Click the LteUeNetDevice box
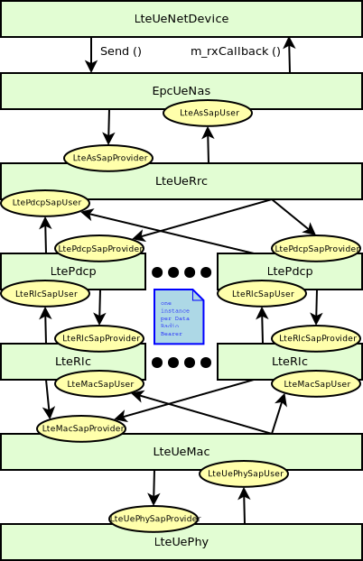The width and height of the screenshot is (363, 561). point(181,19)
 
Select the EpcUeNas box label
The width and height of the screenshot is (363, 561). point(181,90)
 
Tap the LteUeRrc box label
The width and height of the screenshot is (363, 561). point(181,180)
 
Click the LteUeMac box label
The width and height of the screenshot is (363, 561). point(181,451)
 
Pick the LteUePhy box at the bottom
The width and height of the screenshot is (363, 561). point(181,542)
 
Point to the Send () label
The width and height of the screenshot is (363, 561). point(120,51)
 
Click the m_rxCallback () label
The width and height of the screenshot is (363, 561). point(235,51)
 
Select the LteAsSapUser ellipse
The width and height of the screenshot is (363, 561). point(208,113)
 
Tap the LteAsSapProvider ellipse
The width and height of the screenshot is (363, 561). point(108,158)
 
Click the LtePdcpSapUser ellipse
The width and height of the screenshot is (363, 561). point(45,203)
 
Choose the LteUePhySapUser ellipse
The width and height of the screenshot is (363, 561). point(244,474)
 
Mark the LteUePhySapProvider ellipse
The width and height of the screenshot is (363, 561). point(154,519)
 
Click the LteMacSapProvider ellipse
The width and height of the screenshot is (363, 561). point(81,428)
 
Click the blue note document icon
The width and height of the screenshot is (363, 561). point(179,317)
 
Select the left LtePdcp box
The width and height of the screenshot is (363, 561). point(72,271)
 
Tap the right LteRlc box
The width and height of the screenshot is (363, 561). point(289,361)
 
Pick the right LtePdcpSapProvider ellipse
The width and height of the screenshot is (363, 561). point(316,248)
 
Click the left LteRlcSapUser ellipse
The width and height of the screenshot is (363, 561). point(45,293)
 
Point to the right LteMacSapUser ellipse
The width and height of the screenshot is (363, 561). point(316,383)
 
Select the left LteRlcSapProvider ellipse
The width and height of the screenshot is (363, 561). point(99,338)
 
